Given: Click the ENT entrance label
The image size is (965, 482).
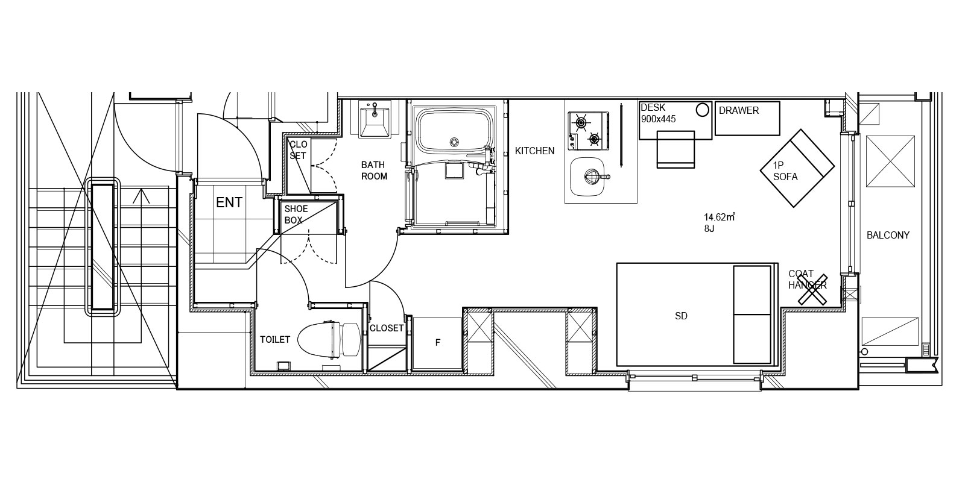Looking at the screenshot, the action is (229, 202).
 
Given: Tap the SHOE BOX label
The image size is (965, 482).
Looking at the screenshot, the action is (296, 214).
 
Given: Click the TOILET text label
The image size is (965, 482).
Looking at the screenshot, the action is (275, 340).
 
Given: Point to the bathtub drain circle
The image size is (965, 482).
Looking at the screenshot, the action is (454, 142).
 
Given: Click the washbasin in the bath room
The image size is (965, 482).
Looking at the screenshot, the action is (375, 119).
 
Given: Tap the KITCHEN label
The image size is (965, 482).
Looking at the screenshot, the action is (534, 151).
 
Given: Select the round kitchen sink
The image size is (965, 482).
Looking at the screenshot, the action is (587, 177).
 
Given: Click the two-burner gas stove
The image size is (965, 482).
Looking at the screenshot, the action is (589, 131).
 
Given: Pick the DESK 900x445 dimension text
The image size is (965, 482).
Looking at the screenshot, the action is (658, 113).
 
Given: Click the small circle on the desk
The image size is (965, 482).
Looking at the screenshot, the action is (702, 110).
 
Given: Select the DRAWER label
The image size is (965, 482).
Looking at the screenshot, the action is (739, 111).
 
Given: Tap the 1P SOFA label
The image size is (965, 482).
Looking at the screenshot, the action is (785, 171).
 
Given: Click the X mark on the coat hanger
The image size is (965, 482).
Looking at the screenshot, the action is (812, 290).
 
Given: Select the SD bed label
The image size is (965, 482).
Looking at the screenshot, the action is (681, 316).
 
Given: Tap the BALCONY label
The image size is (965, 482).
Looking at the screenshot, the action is (888, 236).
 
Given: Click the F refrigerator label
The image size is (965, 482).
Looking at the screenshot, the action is (438, 343).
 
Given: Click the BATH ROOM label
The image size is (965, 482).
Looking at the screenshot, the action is (374, 171).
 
